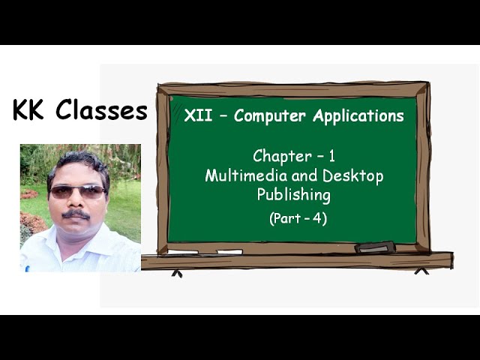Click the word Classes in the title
(x=102, y=110)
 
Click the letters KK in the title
(x=31, y=110)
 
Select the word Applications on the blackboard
(x=357, y=116)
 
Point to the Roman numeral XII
(x=196, y=116)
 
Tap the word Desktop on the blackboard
(x=352, y=176)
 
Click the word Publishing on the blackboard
(x=293, y=195)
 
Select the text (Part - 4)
(x=298, y=219)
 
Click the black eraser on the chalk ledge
(x=374, y=247)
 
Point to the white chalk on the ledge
(x=229, y=251)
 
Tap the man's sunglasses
(x=77, y=191)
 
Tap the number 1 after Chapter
(x=331, y=156)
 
